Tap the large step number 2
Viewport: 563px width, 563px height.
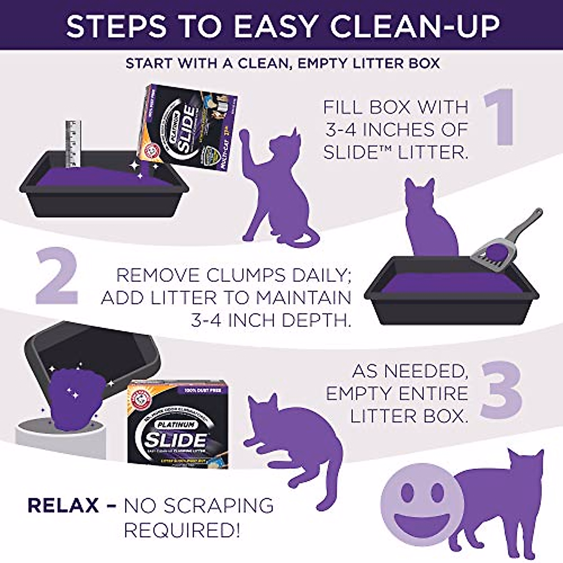(56, 277)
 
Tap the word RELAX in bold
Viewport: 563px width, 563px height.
(63, 506)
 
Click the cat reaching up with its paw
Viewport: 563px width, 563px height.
(277, 183)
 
